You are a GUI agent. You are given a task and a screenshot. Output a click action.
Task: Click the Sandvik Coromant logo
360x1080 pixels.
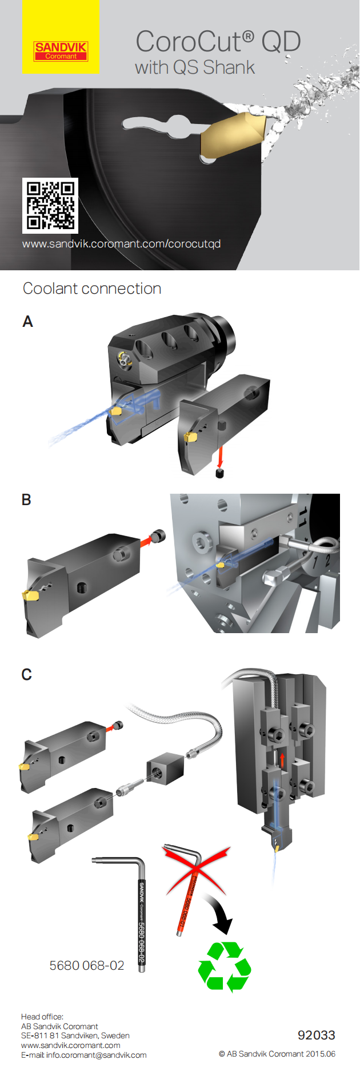(61, 50)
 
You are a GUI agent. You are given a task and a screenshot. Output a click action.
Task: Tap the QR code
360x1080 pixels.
(50, 205)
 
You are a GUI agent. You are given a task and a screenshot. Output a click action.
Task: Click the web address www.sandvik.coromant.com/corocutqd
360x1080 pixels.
(121, 244)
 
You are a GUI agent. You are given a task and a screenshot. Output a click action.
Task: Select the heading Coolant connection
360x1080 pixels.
(92, 289)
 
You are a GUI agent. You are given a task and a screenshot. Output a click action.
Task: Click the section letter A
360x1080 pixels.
(27, 322)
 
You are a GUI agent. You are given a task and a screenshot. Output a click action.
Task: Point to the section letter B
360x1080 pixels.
(26, 499)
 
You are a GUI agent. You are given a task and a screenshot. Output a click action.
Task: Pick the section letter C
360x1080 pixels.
(26, 674)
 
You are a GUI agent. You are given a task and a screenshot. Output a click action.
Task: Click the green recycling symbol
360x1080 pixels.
(225, 967)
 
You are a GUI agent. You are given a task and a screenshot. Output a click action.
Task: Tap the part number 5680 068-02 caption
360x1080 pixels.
(87, 965)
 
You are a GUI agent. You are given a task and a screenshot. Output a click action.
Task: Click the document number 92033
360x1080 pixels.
(316, 1035)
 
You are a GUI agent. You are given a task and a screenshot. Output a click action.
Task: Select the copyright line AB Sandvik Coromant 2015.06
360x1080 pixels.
(277, 1054)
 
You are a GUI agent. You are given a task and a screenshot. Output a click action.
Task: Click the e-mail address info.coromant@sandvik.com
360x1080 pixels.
(96, 1055)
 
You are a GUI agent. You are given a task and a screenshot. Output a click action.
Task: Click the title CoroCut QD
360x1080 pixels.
(218, 42)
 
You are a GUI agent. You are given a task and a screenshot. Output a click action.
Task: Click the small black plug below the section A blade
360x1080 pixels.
(219, 474)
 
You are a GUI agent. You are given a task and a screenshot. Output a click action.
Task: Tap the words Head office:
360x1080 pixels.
(42, 1017)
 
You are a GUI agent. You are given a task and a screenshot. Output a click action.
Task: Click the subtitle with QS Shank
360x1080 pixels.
(195, 67)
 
